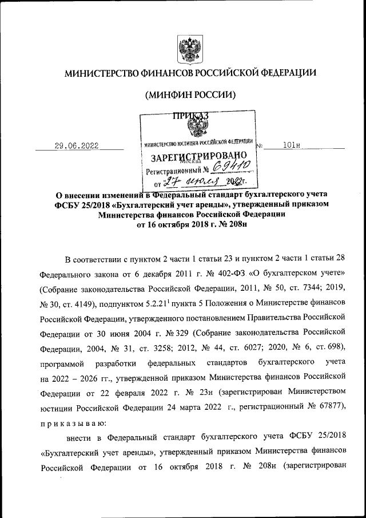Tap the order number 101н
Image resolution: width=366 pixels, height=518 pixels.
[x=292, y=146]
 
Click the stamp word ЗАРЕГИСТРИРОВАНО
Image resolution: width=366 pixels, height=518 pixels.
[x=198, y=156]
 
